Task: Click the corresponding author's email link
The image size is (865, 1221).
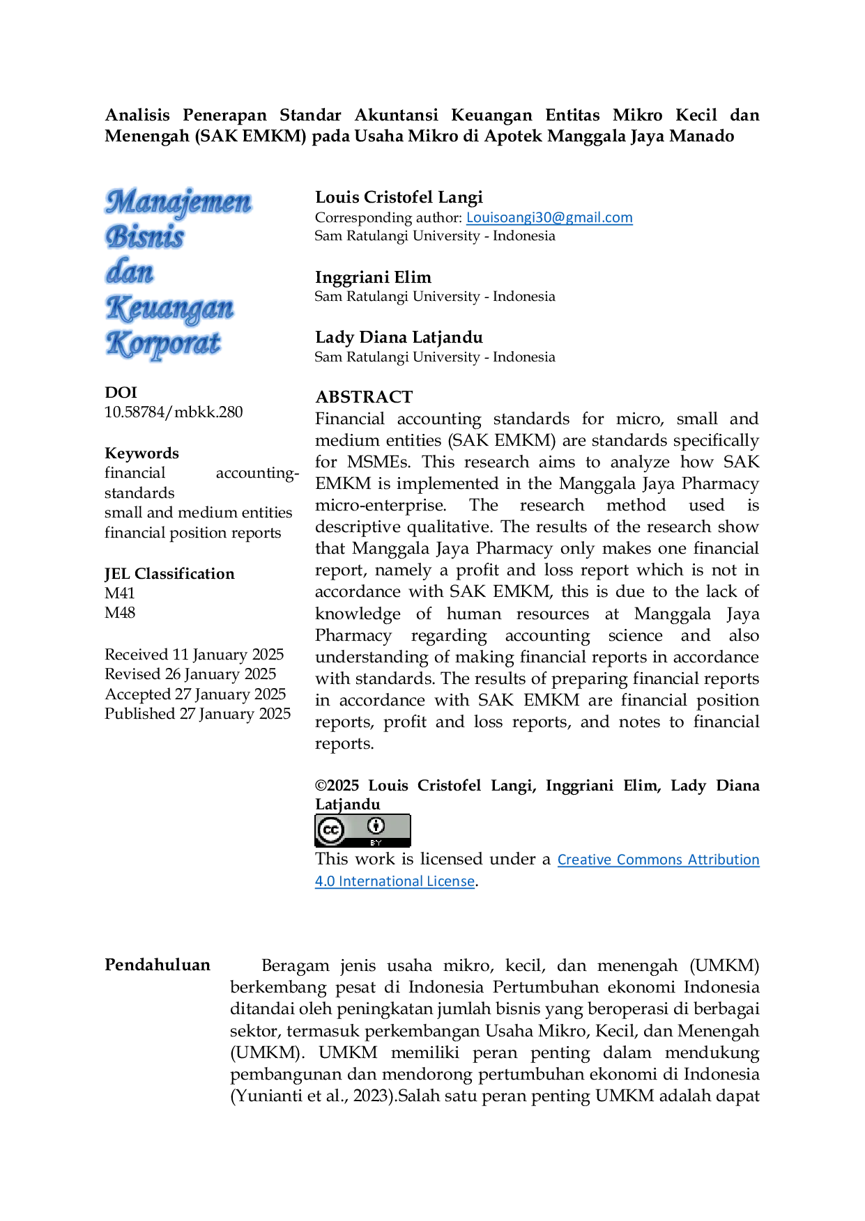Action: click(549, 217)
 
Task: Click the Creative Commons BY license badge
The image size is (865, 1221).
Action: click(362, 830)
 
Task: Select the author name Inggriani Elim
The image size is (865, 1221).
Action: click(373, 277)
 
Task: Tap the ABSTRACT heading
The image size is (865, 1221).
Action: click(364, 397)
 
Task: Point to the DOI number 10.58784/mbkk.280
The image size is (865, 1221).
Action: click(174, 412)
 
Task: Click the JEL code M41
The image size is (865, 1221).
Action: click(120, 593)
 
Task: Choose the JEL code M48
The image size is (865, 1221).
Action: click(120, 613)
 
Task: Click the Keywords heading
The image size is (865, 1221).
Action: click(141, 453)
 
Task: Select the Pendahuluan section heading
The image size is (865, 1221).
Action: click(158, 965)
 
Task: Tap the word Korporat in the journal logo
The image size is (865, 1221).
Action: click(164, 344)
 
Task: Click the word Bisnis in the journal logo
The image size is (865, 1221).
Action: click(145, 238)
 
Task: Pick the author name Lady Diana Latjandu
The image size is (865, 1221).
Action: click(399, 338)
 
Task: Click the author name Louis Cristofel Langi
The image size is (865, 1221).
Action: click(399, 198)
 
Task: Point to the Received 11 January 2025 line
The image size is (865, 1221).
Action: click(194, 655)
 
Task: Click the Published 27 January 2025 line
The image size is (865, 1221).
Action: click(197, 714)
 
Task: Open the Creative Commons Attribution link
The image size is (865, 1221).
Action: click(658, 860)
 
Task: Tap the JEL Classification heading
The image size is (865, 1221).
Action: click(169, 574)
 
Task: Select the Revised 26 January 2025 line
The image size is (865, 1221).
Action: click(190, 674)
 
